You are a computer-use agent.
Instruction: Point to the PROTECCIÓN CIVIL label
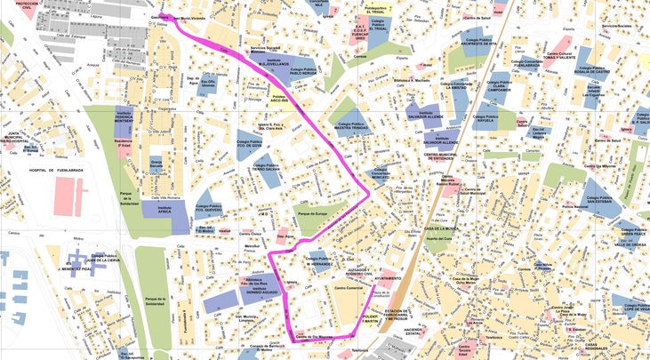[x=27, y=5]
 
